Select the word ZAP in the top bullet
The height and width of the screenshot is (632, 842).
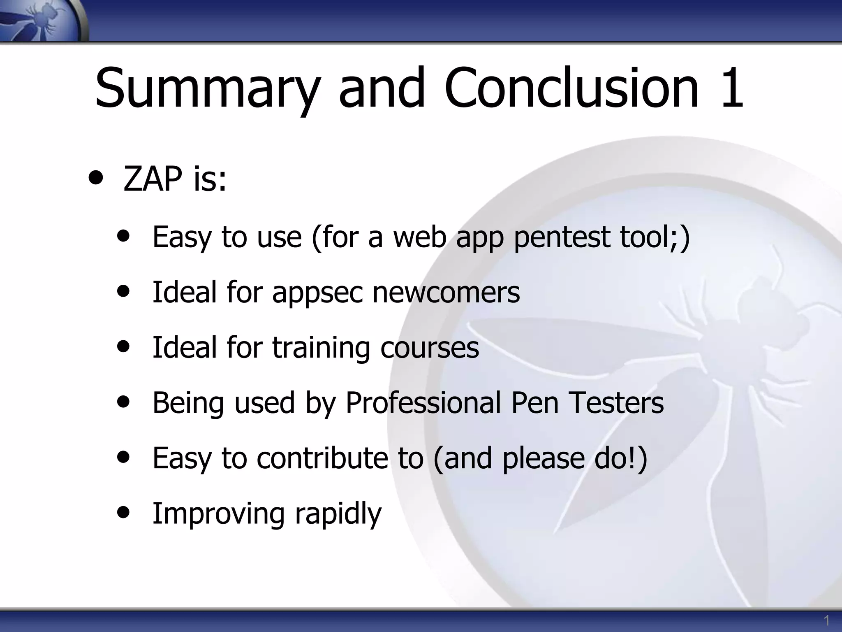[x=153, y=179]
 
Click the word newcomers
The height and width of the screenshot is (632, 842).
[x=446, y=292]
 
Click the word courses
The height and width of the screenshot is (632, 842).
[x=429, y=348]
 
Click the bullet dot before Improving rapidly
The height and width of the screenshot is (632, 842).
[x=123, y=512]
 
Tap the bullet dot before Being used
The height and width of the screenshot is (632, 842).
[x=123, y=401]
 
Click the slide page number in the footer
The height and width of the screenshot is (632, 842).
[x=826, y=620]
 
